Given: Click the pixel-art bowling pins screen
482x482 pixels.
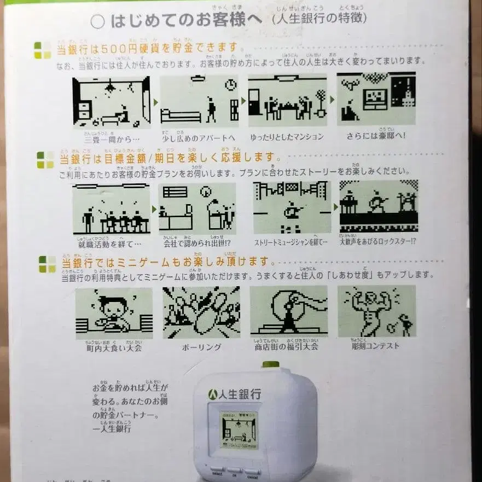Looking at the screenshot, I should [201, 312].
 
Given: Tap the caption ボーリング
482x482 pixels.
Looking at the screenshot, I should [201, 347].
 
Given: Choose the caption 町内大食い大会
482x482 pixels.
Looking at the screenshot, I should [114, 347].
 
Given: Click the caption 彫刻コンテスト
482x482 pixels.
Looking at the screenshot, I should [375, 346].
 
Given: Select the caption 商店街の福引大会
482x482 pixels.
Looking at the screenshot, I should [288, 346].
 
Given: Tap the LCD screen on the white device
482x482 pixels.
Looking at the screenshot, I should [239, 429].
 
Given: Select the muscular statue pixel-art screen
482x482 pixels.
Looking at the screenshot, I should [376, 312].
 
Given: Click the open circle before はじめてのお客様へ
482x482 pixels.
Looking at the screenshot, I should [97, 21].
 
